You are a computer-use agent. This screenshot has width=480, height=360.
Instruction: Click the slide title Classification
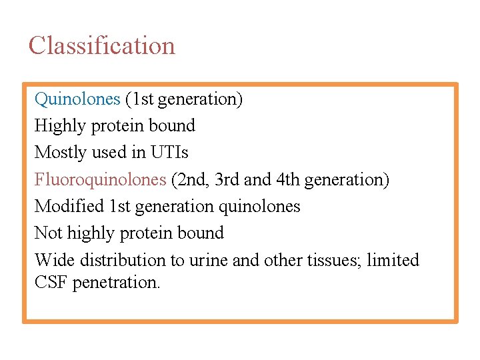[x=101, y=46]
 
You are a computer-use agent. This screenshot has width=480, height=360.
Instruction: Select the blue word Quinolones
[x=77, y=99]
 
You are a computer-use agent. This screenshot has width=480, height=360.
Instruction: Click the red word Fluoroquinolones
[x=100, y=180]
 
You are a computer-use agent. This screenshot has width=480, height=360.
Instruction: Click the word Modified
[x=69, y=207]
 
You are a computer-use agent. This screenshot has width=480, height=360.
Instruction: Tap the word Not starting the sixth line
[x=48, y=233]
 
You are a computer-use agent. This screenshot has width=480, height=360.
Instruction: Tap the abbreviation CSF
[x=51, y=283]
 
